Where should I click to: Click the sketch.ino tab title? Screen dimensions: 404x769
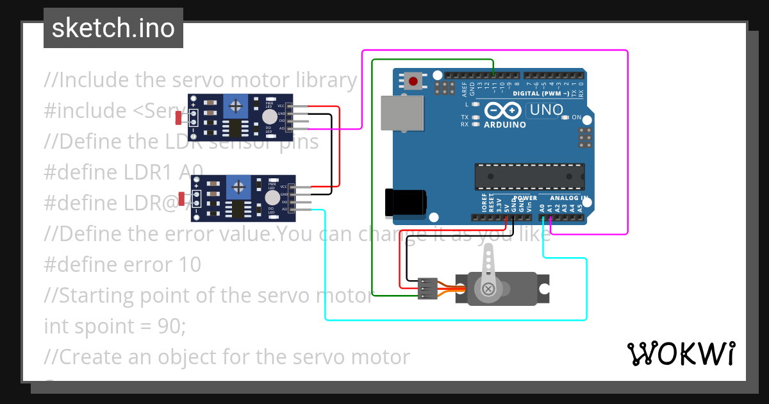pos(113,28)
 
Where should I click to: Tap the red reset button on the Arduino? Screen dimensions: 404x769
pos(414,81)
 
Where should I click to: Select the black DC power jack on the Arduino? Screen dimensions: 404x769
pos(404,202)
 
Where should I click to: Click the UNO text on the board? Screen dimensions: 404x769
pos(545,110)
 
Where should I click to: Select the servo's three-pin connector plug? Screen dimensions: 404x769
pos(427,288)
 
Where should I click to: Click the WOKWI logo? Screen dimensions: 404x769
pos(681,353)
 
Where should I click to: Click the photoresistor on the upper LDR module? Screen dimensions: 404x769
pos(179,117)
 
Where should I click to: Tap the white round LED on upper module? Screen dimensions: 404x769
pos(270,116)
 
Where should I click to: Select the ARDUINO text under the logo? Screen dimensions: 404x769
pos(505,124)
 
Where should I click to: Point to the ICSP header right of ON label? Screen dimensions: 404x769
pos(584,137)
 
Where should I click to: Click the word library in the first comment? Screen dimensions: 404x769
pos(326,80)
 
